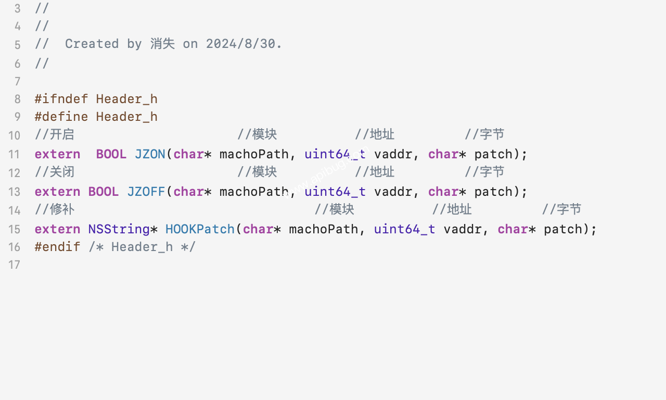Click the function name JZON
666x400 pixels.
click(150, 154)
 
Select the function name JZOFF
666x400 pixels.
click(146, 192)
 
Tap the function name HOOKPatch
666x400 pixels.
click(200, 229)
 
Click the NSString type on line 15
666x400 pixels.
click(119, 229)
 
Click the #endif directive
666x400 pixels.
click(58, 247)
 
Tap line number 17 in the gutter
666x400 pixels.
click(14, 265)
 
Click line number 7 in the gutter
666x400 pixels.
click(17, 82)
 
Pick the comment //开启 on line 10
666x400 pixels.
click(54, 134)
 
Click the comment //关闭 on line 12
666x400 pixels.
click(54, 172)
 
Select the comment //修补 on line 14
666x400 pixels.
click(54, 209)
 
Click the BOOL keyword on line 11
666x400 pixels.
click(111, 154)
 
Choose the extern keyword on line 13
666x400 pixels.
click(58, 192)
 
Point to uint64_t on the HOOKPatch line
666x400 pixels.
click(404, 229)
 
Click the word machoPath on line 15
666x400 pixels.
click(323, 229)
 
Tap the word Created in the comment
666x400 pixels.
click(92, 44)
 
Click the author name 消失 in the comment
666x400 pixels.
click(162, 44)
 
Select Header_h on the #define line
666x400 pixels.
click(127, 117)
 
